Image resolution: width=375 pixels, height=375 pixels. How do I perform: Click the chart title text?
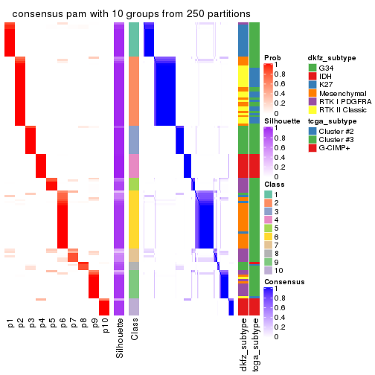point(131,14)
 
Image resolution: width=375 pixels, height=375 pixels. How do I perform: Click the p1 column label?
point(10,326)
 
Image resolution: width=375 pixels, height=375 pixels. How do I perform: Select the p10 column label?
point(104,328)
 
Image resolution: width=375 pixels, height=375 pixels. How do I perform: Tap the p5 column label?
point(52,326)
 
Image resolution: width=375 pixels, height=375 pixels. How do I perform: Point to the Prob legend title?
point(273,58)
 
